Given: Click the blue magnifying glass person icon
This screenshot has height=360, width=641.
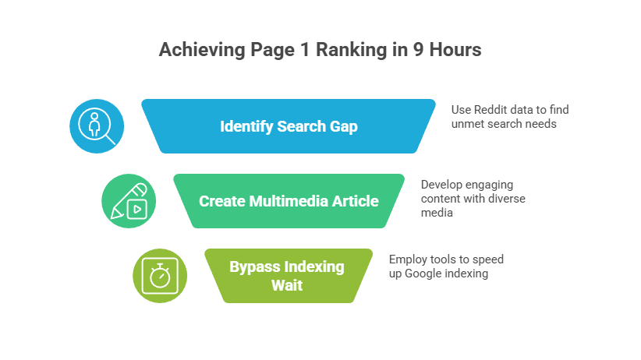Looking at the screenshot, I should click(x=97, y=126).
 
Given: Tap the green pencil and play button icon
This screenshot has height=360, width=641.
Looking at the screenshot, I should click(x=129, y=201).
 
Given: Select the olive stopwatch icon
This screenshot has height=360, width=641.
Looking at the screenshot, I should click(x=160, y=276).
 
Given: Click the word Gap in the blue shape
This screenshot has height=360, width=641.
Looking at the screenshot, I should click(x=342, y=126).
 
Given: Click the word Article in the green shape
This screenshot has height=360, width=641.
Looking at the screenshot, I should click(x=356, y=201).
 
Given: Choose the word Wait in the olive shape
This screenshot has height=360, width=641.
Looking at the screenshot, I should click(x=287, y=285).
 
